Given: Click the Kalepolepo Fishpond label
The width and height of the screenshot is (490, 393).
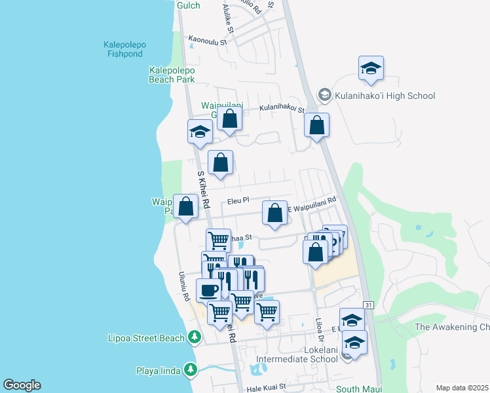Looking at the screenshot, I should coord(124,49).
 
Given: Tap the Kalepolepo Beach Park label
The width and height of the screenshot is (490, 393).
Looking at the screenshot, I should coord(172,74).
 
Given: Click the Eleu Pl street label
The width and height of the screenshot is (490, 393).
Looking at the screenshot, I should coord(238,201).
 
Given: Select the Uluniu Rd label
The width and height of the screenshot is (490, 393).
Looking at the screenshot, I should coord(186,287).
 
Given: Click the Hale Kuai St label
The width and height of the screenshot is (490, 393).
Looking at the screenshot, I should coord(265,386).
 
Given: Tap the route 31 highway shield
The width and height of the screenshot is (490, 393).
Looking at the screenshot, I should coord(369,305).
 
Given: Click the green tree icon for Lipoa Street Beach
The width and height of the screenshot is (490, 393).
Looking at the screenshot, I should coord(194,337).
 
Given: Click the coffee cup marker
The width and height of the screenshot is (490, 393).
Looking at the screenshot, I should coord(208,289).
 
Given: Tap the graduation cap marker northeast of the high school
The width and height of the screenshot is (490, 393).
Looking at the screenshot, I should coord(371,68).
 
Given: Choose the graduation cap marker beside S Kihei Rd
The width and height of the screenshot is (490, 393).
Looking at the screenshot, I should coord(200,132).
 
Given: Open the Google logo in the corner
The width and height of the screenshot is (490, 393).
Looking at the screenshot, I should coord(22,385).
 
